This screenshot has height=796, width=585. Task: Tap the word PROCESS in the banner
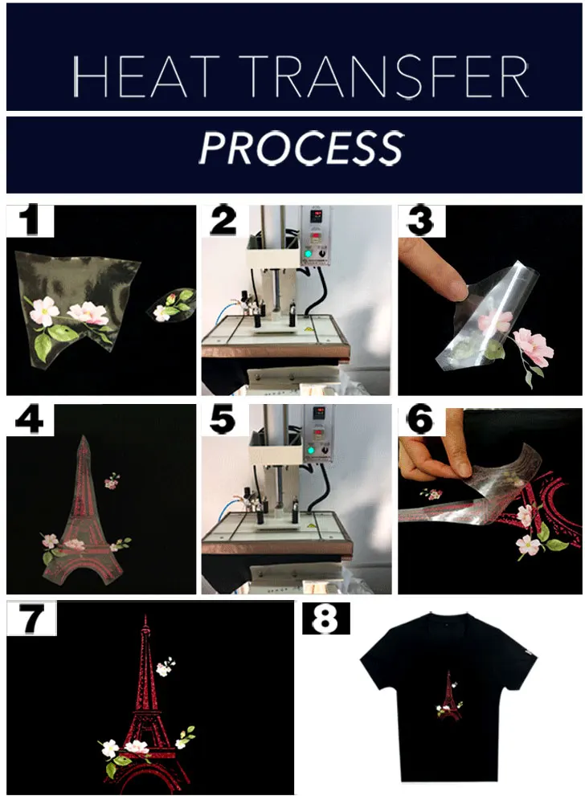(x=301, y=148)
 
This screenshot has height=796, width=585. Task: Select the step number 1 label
(x=30, y=221)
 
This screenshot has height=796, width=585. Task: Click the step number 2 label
(x=224, y=221)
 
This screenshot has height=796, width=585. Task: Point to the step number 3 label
(x=421, y=221)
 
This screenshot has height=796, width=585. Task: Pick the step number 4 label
(x=30, y=420)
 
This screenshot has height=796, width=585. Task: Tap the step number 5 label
(x=223, y=420)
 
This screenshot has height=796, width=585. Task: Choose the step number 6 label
(x=421, y=420)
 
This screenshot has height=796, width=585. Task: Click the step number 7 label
(x=31, y=618)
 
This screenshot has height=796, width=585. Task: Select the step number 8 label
(x=325, y=618)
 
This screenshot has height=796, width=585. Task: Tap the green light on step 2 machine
(x=308, y=253)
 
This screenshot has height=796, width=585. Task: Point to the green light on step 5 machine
(x=309, y=450)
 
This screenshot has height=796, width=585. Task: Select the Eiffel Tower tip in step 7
(x=145, y=616)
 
